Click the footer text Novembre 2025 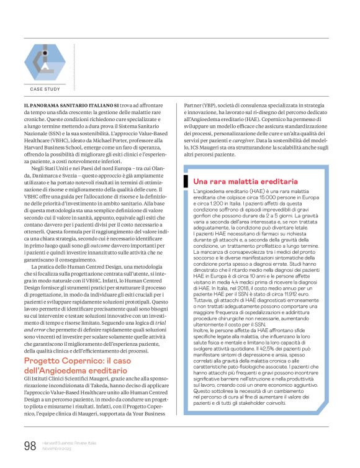pos(57,449)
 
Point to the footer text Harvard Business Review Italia pos(70,442)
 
